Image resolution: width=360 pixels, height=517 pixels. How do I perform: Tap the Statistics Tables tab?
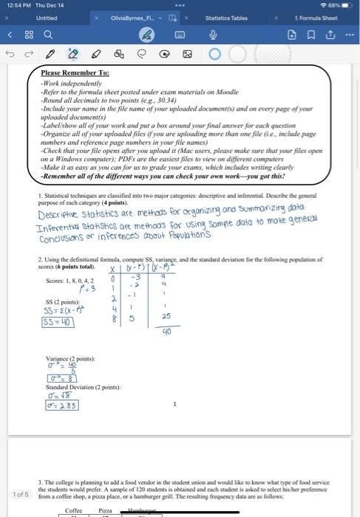pyautogui.click(x=226, y=17)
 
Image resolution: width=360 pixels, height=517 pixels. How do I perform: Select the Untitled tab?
pyautogui.click(x=47, y=17)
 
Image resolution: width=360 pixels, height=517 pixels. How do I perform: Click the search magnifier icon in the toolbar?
pyautogui.click(x=48, y=35)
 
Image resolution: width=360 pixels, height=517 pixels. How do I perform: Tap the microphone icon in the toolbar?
pyautogui.click(x=212, y=35)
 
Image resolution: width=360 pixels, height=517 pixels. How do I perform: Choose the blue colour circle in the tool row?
pyautogui.click(x=215, y=54)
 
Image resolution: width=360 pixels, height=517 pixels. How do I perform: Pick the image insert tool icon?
pyautogui.click(x=187, y=54)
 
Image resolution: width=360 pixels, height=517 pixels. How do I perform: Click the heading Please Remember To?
pyautogui.click(x=75, y=73)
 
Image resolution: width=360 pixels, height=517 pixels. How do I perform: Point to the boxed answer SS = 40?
pyautogui.click(x=58, y=322)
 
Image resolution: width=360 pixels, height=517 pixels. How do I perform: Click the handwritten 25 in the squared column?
pyautogui.click(x=166, y=315)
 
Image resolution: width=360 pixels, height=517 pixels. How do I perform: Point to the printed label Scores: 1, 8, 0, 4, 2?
pyautogui.click(x=70, y=281)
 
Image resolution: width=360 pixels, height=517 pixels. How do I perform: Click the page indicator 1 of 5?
pyautogui.click(x=21, y=494)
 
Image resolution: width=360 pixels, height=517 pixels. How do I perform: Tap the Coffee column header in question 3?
pyautogui.click(x=74, y=510)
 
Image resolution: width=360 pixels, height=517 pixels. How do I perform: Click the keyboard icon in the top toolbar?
pyautogui.click(x=179, y=35)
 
